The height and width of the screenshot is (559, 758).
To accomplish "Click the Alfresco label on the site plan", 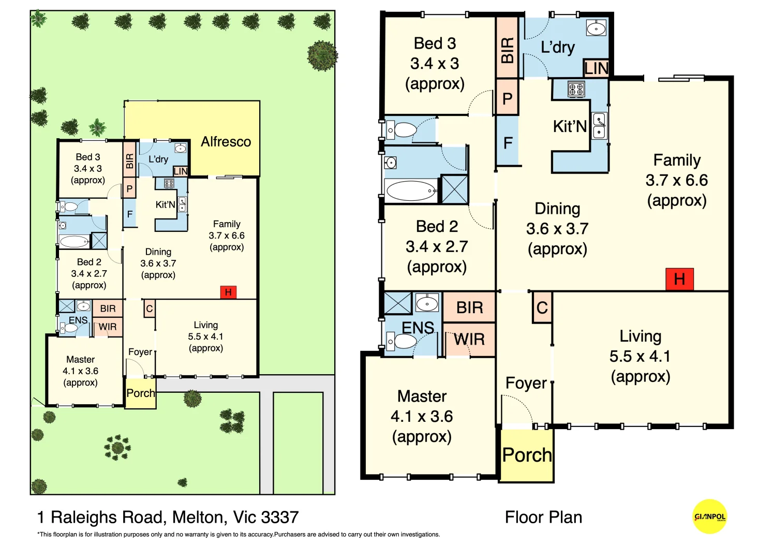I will point(226,142).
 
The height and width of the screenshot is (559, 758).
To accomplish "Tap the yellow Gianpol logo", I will point(709,516).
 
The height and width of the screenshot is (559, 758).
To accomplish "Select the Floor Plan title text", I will point(543,517).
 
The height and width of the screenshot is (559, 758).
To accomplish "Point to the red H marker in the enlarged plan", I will point(679,279).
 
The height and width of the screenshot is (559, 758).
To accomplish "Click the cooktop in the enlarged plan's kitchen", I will point(576,89).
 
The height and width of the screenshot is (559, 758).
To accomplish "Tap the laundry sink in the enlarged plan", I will point(596,28).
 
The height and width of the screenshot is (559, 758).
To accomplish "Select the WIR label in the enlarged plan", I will point(469,340).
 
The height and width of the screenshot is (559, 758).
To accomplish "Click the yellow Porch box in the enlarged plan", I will point(526,455).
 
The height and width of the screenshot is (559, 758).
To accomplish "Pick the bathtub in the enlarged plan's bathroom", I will point(412,190).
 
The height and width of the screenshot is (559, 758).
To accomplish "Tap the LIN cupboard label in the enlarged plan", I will point(596,68).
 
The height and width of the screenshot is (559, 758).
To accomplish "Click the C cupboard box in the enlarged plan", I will point(542,308).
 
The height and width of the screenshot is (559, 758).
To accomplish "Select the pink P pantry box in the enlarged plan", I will point(507,98).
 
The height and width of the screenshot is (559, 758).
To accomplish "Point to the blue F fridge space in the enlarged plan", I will point(508,142).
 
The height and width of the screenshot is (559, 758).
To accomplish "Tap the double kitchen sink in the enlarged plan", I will point(599,126).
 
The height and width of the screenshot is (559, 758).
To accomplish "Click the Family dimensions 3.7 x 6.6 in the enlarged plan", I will point(676,180).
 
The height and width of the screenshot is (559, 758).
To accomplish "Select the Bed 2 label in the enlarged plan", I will point(437,227).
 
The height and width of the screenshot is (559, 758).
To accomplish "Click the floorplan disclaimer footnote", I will point(239,535).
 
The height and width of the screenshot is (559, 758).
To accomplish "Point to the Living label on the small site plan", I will point(205,325).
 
